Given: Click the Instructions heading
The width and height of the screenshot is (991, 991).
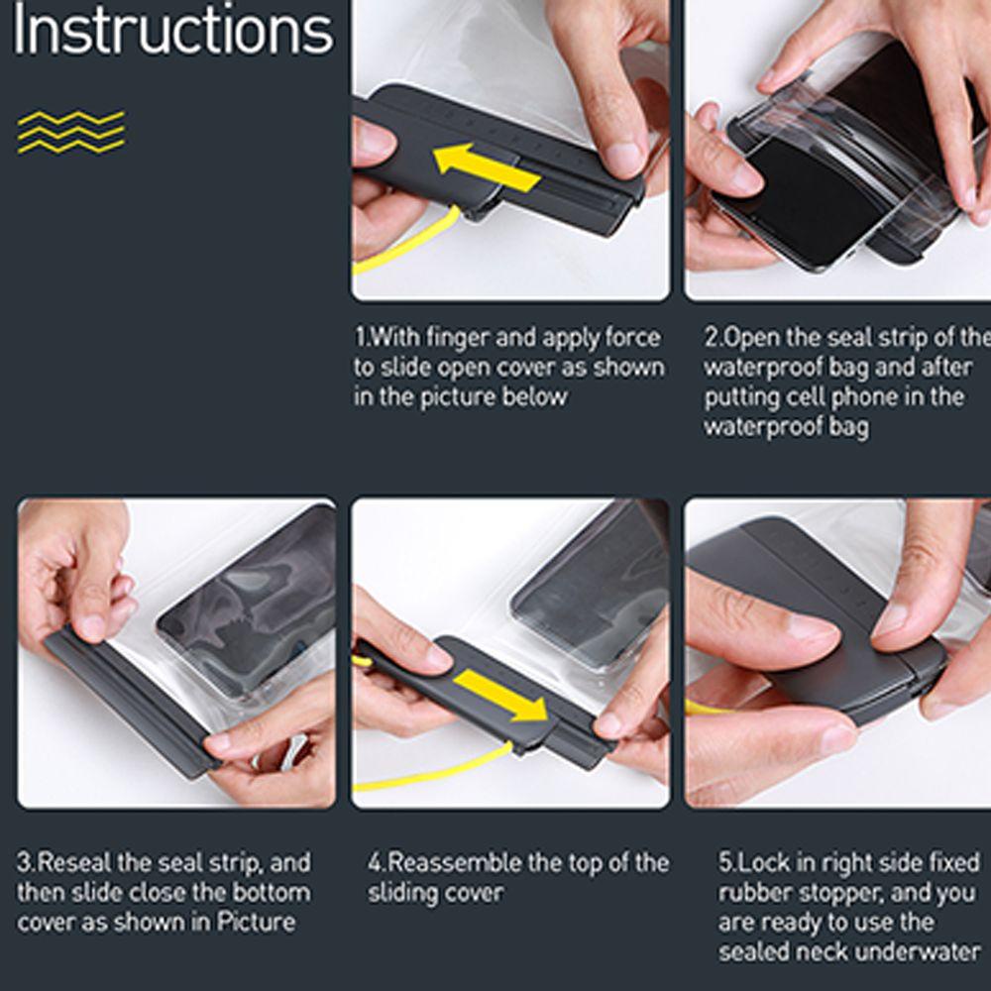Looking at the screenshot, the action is point(171,29).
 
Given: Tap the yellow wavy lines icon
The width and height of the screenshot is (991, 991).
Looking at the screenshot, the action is point(70,132).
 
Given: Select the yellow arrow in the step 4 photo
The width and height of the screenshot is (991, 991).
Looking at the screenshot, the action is point(501,696).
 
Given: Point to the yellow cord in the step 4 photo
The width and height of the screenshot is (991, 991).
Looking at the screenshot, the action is point(436,771).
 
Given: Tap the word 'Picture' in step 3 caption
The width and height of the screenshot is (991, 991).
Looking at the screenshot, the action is point(256,922).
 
